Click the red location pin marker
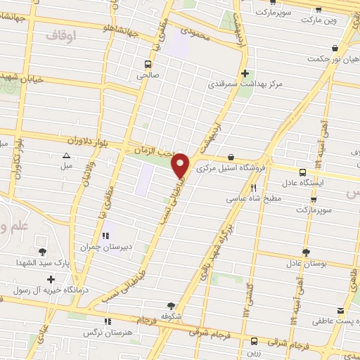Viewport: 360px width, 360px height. coord(181,164)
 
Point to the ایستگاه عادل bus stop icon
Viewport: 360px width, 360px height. coord(302,172)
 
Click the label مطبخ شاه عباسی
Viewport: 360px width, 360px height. coord(253,199)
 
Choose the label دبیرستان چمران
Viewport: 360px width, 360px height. coord(105,246)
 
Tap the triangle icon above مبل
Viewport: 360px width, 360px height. coord(67,155)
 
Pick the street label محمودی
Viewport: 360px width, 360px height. coord(195,32)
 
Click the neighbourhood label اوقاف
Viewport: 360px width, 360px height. coord(60,34)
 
